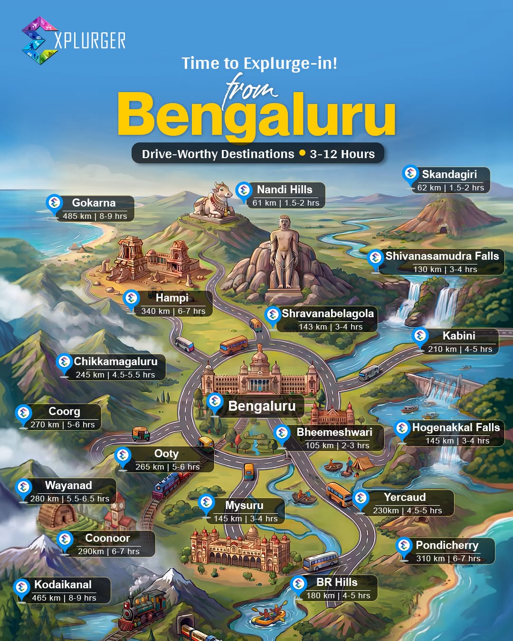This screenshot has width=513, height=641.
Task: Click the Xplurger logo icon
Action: click(39, 40)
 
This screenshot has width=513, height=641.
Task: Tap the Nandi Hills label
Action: click(285, 190)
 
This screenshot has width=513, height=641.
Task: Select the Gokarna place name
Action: click(94, 203)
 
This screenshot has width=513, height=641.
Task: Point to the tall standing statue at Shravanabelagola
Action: click(284, 254)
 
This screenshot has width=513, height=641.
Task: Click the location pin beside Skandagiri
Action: click(410, 174)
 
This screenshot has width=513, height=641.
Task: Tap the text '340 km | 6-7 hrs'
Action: click(173, 311)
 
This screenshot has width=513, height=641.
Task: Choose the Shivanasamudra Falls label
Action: click(442, 256)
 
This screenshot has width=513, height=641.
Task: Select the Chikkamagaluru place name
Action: click(115, 362)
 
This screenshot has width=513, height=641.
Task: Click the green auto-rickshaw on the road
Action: click(141, 434)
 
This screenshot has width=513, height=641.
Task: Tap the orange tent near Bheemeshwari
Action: click(362, 463)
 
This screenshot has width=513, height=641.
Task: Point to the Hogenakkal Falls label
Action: click(456, 428)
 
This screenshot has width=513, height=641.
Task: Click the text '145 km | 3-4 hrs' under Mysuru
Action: click(246, 518)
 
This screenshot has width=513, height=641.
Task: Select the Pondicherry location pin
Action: click(404, 546)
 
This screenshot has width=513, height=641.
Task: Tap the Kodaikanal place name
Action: click(63, 585)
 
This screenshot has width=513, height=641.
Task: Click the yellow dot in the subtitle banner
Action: click(302, 153)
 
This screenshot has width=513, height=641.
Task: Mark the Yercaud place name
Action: click(405, 498)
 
